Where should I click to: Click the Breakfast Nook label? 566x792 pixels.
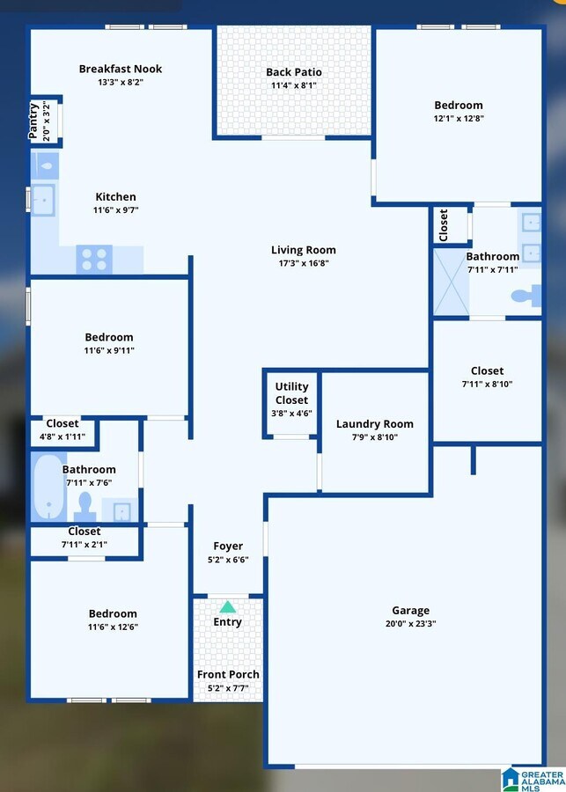121,69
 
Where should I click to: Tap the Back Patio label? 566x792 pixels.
294,72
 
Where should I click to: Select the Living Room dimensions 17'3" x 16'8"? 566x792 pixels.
303,262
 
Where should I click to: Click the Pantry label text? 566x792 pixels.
34,121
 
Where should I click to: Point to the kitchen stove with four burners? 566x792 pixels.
95,260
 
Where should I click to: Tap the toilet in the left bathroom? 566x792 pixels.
85,506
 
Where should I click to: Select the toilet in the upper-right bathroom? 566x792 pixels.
526,295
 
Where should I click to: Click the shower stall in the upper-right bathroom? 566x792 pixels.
451,282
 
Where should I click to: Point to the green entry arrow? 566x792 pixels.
227,606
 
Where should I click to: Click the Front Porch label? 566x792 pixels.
228,675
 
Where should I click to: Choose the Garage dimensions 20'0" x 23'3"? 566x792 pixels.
410,623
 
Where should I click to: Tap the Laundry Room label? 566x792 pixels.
374,424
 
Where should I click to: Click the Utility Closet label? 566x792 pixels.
291,393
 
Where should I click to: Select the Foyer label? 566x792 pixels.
228,546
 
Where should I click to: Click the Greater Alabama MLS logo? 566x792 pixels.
533,779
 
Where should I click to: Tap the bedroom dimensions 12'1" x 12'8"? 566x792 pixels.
458,118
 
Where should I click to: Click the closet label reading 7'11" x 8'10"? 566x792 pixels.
487,384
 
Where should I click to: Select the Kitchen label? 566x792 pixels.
116,197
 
